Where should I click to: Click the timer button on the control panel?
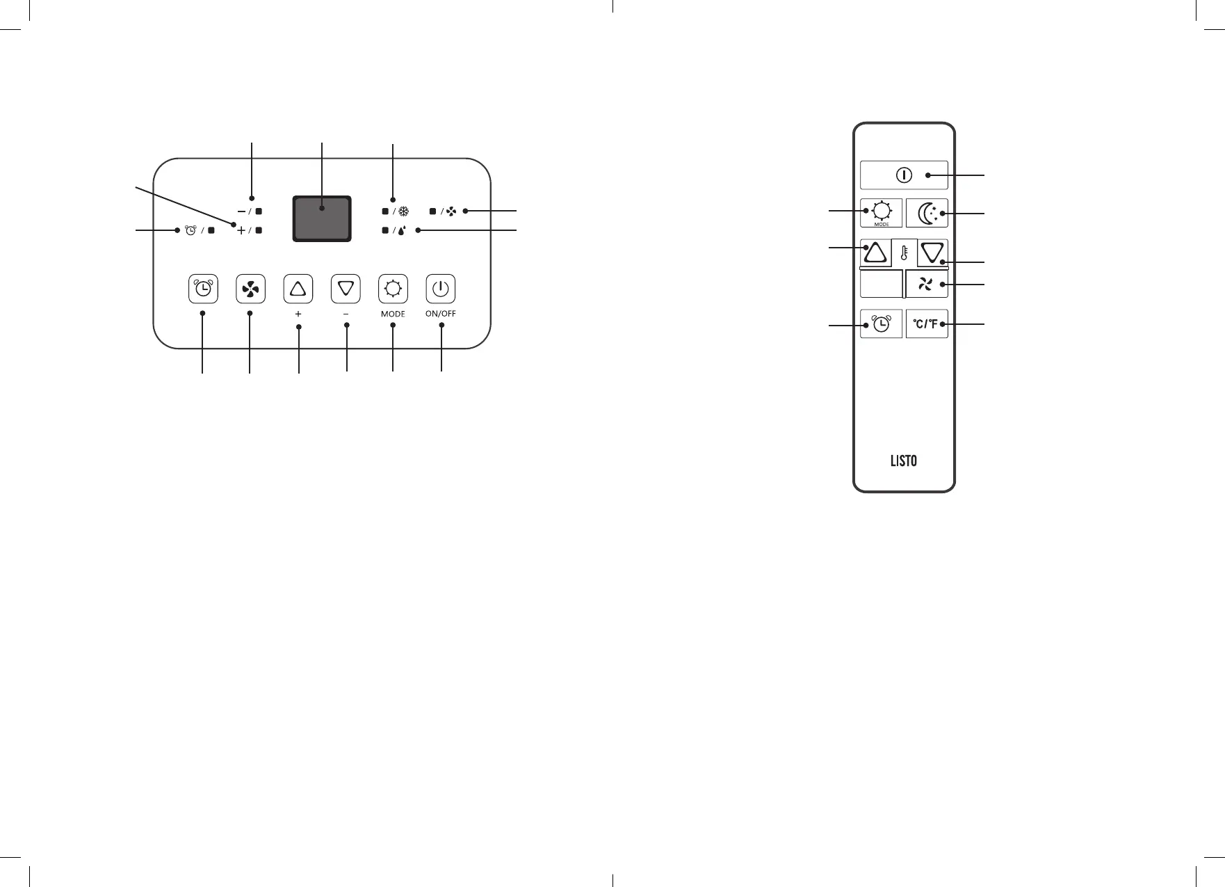coord(203,289)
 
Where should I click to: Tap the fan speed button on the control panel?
coord(250,289)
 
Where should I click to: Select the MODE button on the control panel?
coord(393,289)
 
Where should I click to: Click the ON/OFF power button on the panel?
coord(441,289)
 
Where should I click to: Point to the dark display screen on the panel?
coord(321,218)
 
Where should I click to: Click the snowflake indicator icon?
coord(405,211)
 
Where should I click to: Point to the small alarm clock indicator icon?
coord(191,230)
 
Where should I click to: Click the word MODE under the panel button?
coord(393,314)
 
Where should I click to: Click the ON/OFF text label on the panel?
coord(441,314)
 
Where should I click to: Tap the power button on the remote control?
coord(904,175)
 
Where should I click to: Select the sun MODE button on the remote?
coord(882,213)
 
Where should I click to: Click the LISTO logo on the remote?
coord(904,461)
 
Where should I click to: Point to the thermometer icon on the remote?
coord(904,253)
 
